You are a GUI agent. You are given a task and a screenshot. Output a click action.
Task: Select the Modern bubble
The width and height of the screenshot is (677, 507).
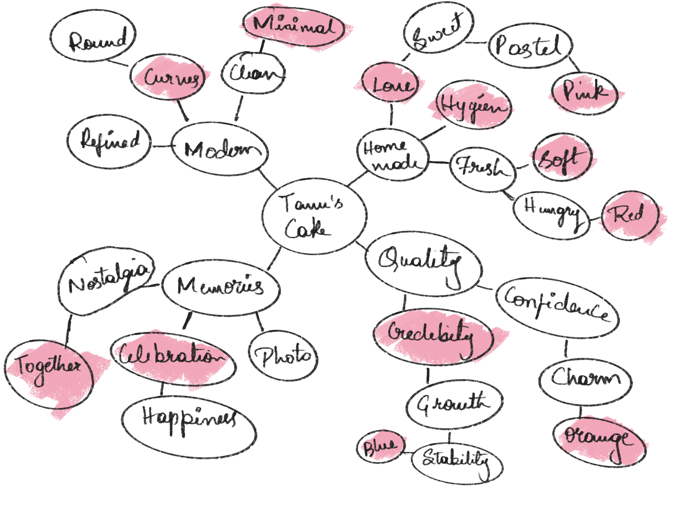[220, 150]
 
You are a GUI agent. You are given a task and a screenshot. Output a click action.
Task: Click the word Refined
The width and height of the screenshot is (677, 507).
[110, 142]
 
